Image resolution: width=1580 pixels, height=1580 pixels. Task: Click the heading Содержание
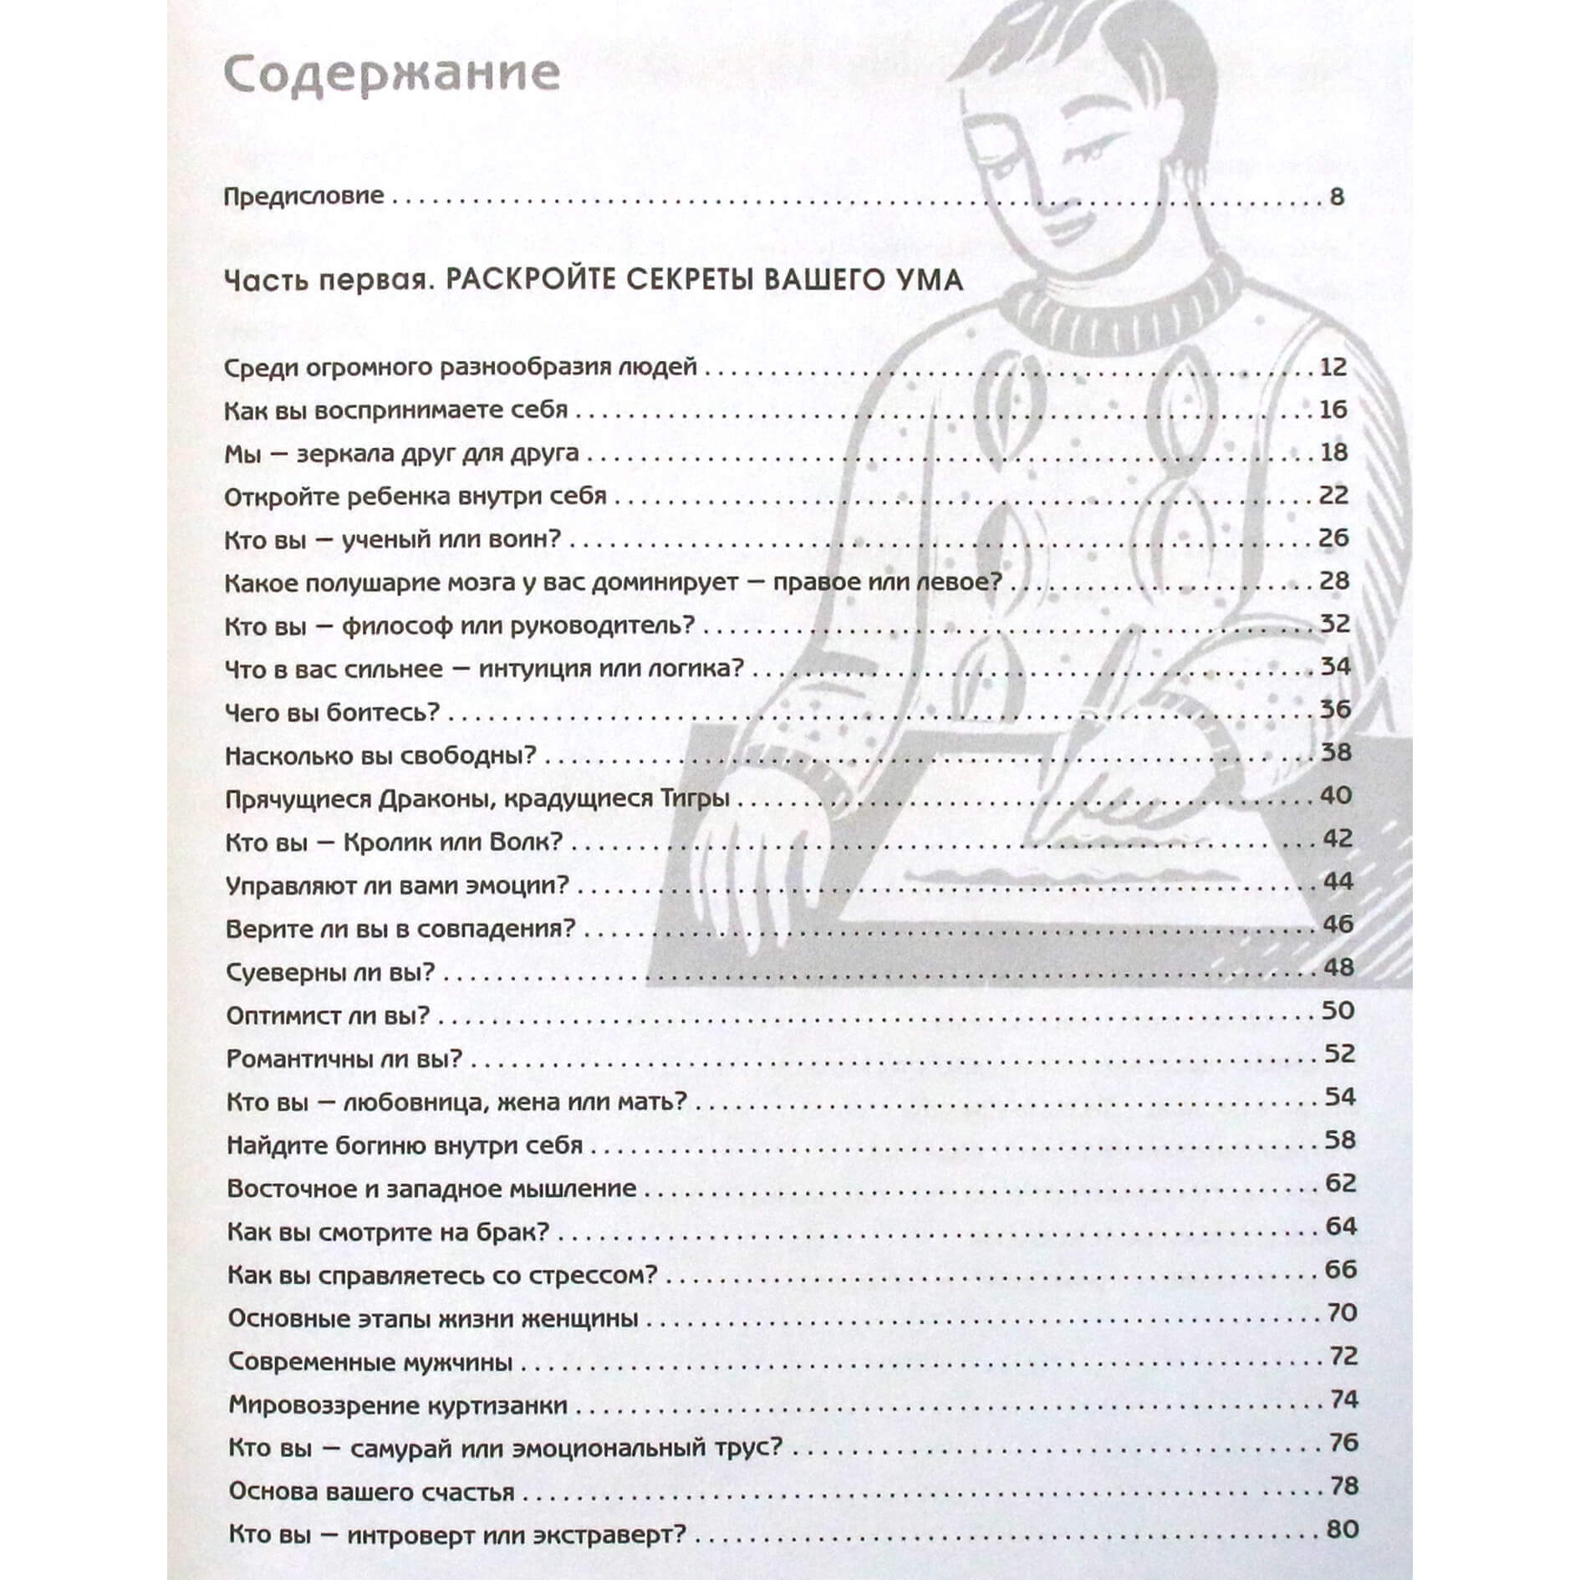coord(391,74)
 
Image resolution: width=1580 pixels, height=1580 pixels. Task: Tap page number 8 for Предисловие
coord(1336,197)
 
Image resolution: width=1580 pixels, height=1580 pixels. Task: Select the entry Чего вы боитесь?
coord(332,712)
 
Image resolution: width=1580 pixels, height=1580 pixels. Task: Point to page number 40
coord(1335,795)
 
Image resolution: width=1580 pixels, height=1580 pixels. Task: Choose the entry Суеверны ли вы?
coord(331,972)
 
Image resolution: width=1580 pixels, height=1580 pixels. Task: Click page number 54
coord(1339,1097)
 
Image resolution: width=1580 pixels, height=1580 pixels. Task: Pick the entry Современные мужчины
coord(370,1362)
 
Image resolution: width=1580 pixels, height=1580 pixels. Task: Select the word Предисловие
coord(304,197)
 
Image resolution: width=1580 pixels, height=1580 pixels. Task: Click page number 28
coord(1334,580)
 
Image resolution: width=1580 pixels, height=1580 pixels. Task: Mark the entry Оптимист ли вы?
coord(328,1016)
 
